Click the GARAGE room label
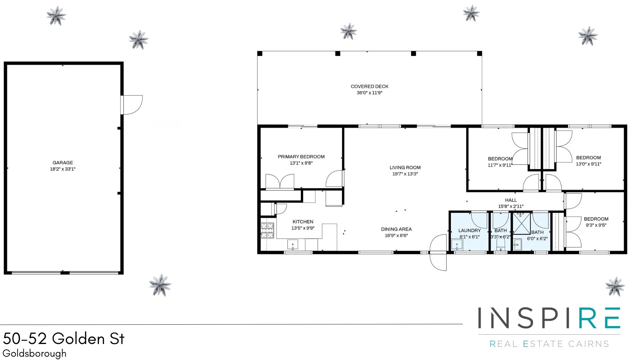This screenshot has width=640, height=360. [x=63, y=163]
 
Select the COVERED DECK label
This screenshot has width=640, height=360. [x=369, y=86]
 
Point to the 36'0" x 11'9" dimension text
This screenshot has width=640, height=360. [x=369, y=93]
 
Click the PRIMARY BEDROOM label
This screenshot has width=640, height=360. [x=301, y=157]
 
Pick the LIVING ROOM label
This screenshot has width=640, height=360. [x=405, y=168]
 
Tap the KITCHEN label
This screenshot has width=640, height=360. [x=303, y=222]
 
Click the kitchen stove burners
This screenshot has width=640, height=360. [x=267, y=230]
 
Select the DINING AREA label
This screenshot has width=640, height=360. [x=396, y=229]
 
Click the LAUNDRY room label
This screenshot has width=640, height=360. [x=469, y=230]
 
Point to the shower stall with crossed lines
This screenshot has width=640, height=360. [x=521, y=223]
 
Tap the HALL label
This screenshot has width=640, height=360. [x=511, y=200]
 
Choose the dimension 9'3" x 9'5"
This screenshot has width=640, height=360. [x=596, y=225]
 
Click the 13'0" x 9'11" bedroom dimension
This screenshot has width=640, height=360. [x=588, y=164]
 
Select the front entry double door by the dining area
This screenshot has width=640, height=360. [x=438, y=252]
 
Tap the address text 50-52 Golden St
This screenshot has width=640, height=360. [x=64, y=339]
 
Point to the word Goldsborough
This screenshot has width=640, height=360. [x=34, y=353]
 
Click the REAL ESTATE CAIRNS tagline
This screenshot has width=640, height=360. [x=549, y=344]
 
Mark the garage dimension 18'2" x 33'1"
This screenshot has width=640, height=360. [x=63, y=169]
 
